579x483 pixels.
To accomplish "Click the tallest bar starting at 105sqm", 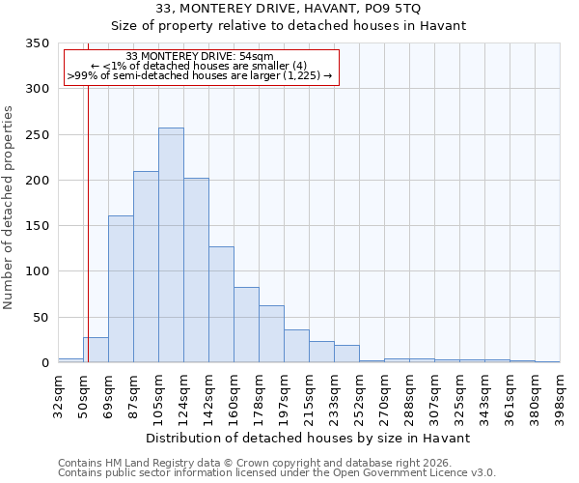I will tap(171, 245).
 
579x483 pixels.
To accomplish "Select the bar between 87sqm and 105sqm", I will tap(146, 267).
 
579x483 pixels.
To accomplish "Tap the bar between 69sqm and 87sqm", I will tap(121, 289).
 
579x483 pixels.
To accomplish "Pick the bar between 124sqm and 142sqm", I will tap(196, 270).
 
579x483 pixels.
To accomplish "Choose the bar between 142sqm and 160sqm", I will tap(221, 304).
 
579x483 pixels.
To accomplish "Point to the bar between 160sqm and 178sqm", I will tap(246, 325).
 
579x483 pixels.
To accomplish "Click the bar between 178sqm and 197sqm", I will tap(271, 334).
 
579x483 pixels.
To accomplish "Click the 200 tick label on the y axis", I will tap(38, 181).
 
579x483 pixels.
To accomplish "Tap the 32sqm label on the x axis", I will tap(59, 395).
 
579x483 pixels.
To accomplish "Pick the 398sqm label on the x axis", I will tap(561, 398).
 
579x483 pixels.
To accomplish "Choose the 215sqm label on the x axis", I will tap(310, 398).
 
